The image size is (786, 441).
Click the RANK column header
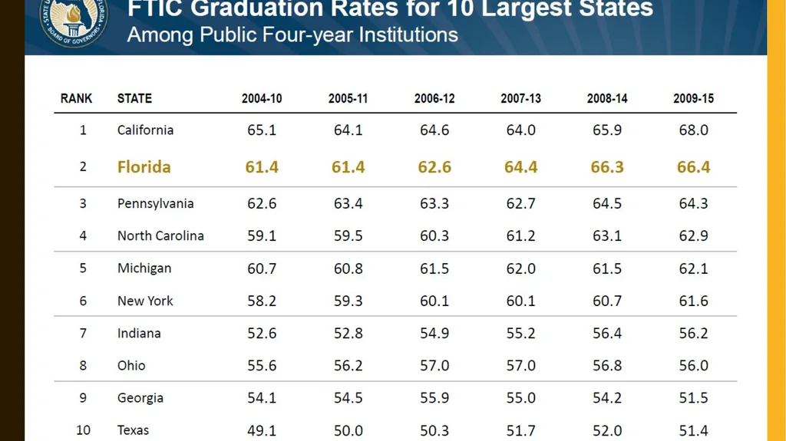(76, 98)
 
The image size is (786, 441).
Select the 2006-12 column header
(434, 98)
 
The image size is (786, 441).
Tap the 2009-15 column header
(693, 98)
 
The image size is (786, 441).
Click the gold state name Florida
(144, 167)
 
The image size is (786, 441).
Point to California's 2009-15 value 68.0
(693, 130)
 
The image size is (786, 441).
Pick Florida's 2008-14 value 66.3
(607, 167)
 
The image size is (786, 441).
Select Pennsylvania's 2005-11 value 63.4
(348, 203)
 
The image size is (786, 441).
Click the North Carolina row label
(160, 235)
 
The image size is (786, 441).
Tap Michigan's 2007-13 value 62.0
(521, 268)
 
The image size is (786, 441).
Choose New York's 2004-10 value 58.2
(262, 301)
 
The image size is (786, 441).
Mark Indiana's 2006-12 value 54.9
(434, 334)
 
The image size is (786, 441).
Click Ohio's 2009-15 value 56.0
(693, 365)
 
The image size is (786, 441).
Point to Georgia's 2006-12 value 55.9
(434, 398)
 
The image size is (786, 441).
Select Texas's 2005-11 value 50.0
(348, 430)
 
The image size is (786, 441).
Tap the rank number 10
(83, 430)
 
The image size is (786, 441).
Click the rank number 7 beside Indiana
(83, 334)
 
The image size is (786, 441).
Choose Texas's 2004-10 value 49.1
(262, 430)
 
